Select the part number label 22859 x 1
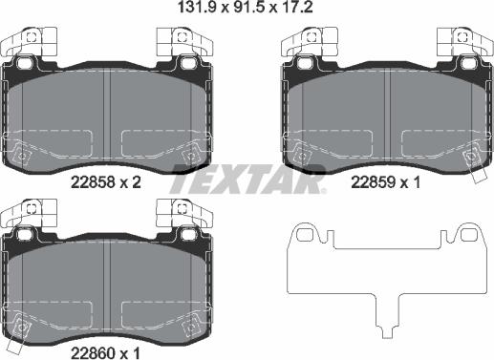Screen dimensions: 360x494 click(387, 183)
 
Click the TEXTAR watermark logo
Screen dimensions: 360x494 click(247, 179)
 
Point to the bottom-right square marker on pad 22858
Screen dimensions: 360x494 click(189, 152)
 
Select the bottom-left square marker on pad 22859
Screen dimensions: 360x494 click(301, 152)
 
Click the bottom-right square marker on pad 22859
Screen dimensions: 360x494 click(468, 152)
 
